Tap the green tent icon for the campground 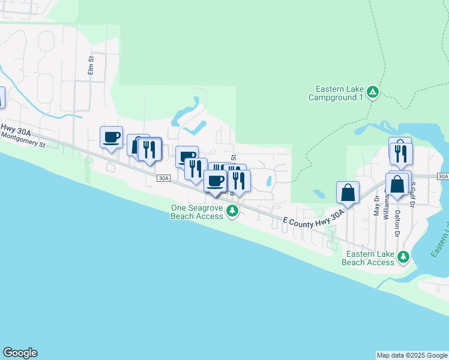pyautogui.click(x=373, y=92)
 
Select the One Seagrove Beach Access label pyautogui.click(x=197, y=212)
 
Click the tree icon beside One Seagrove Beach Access pyautogui.click(x=232, y=211)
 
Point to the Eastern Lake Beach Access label pyautogui.click(x=368, y=258)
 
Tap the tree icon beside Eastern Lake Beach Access pyautogui.click(x=404, y=257)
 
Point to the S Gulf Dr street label pyautogui.click(x=413, y=194)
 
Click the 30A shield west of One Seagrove pyautogui.click(x=164, y=178)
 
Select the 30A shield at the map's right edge pyautogui.click(x=443, y=176)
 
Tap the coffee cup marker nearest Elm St pyautogui.click(x=111, y=137)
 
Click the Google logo pyautogui.click(x=20, y=353)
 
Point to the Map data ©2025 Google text pyautogui.click(x=411, y=355)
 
